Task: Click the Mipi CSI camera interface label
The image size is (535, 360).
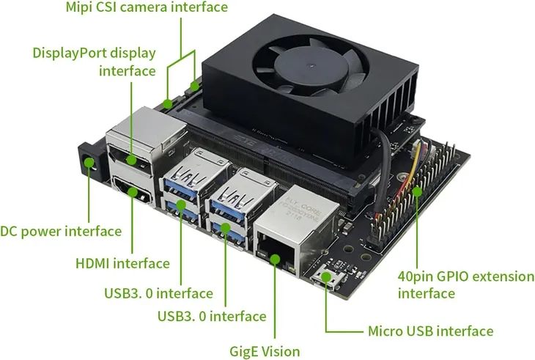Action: [x=147, y=8]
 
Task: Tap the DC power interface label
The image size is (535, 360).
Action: [x=61, y=232]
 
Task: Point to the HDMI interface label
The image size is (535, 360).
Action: [x=122, y=263]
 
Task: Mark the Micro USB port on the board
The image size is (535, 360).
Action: [x=323, y=279]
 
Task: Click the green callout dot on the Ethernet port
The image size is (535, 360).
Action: [x=275, y=257]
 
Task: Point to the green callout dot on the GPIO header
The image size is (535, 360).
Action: [x=416, y=192]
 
